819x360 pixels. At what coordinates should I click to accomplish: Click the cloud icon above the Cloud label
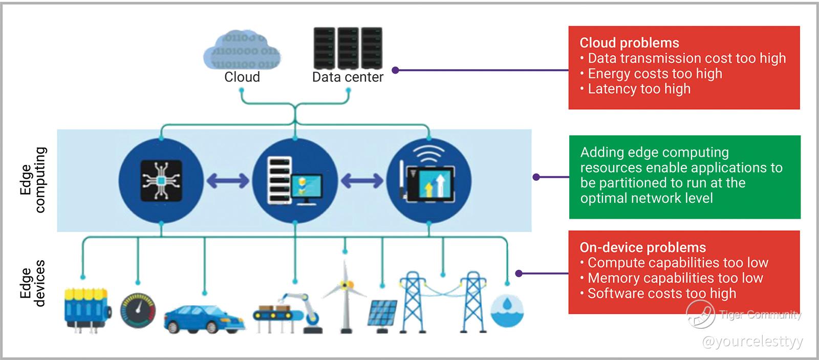click(x=242, y=50)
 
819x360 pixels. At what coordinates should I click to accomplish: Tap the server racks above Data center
click(x=348, y=48)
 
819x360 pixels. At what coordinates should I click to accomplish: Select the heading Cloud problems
click(x=629, y=43)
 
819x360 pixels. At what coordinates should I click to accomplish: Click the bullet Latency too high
click(x=639, y=89)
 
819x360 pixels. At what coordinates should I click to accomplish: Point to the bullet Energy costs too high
click(x=655, y=74)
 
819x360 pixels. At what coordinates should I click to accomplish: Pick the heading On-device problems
click(x=642, y=247)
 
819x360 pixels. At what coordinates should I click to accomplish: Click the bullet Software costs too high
click(x=661, y=293)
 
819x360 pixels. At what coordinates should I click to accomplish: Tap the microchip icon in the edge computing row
click(x=161, y=180)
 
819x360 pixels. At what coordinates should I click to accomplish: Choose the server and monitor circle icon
click(x=295, y=180)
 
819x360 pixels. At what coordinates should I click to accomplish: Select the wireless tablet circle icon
click(x=429, y=180)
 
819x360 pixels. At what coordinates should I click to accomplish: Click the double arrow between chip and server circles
click(x=228, y=180)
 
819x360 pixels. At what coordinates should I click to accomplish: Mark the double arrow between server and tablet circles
click(x=362, y=180)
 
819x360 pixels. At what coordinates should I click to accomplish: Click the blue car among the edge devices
click(x=203, y=318)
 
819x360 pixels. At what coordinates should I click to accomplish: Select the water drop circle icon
click(x=507, y=310)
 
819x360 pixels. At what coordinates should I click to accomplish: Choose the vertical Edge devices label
click(x=33, y=283)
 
